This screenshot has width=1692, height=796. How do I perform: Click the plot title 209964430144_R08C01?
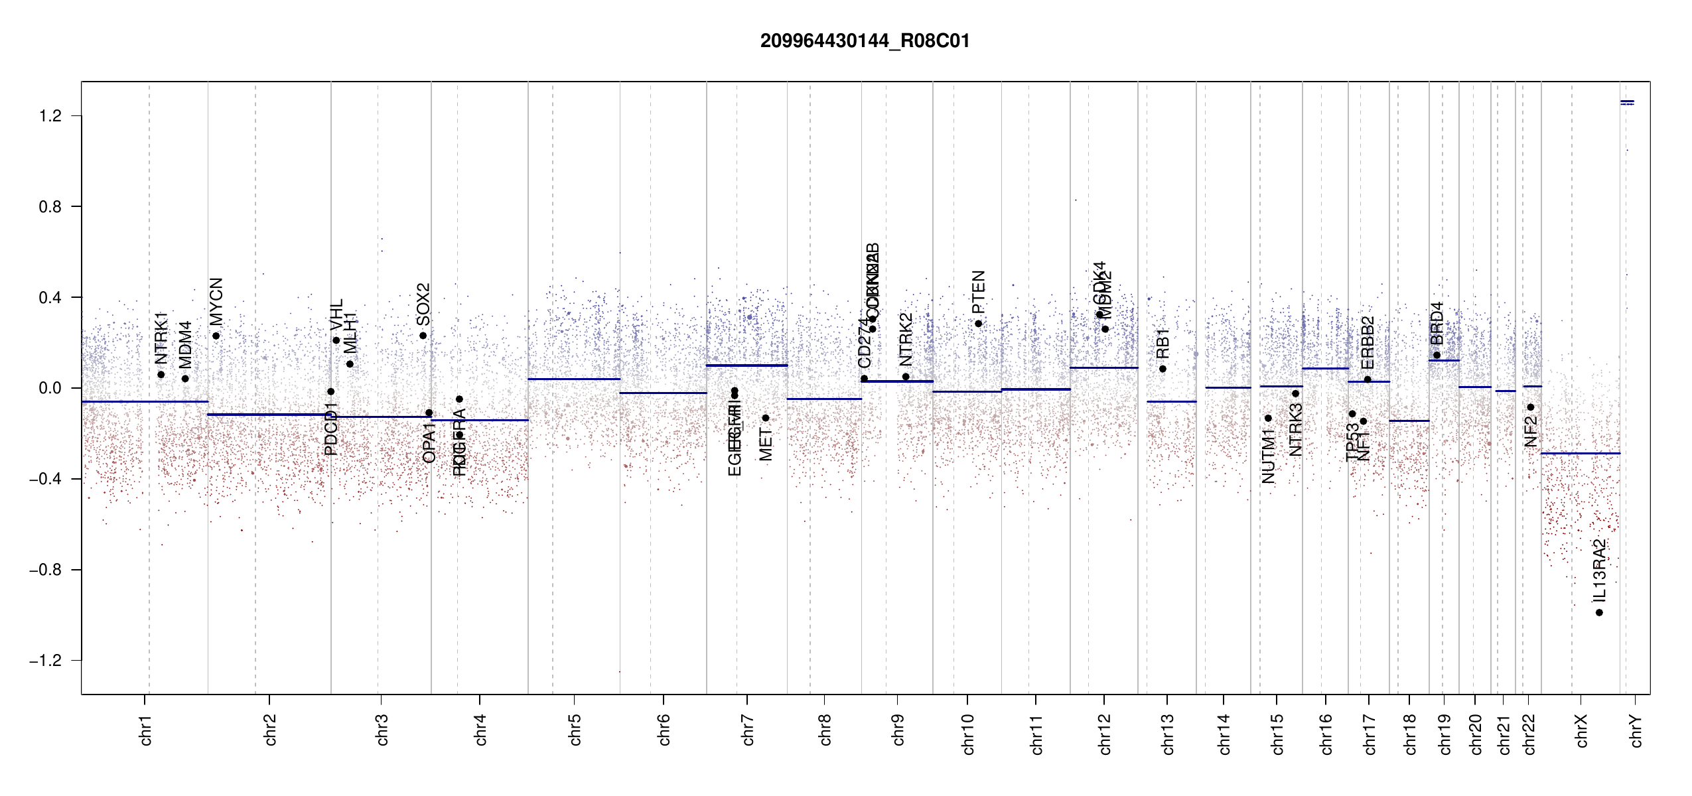(865, 41)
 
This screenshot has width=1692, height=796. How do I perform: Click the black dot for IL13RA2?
(1599, 612)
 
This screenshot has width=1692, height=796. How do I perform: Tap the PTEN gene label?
(978, 292)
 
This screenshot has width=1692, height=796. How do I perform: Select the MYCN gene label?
(216, 302)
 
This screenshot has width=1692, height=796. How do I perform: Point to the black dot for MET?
(765, 418)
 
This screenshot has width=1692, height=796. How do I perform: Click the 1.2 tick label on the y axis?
(50, 116)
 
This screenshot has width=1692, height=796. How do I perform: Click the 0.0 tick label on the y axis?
(50, 388)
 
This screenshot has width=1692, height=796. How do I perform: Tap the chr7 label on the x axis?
(748, 730)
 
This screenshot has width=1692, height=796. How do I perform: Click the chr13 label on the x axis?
(1167, 734)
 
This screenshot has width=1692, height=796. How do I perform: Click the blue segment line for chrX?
(1581, 453)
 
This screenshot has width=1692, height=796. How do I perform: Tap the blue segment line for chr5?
(574, 379)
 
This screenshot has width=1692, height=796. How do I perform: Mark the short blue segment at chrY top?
(1627, 102)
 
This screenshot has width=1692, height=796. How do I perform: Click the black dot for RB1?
(1163, 369)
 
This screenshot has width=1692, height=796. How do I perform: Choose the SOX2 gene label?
(423, 304)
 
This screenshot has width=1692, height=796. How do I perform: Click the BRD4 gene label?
(1437, 323)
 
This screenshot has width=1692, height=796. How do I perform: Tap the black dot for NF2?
(1531, 407)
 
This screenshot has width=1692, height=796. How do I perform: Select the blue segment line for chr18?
(1409, 421)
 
